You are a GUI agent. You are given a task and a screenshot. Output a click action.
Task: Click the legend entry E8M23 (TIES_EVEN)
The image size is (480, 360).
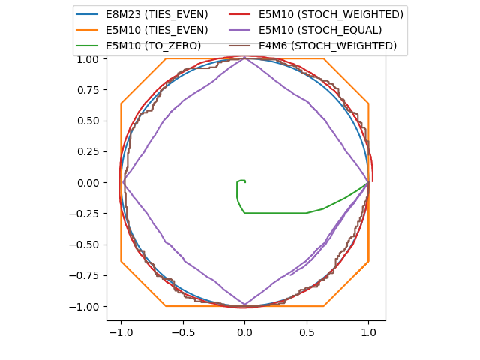tap(157, 14)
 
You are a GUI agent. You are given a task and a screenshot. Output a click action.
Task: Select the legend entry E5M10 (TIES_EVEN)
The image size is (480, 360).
tap(157, 30)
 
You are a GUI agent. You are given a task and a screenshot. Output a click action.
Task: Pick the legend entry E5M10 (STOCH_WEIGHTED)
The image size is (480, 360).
tap(331, 14)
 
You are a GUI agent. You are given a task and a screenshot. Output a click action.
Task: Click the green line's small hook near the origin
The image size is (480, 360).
tap(241, 181)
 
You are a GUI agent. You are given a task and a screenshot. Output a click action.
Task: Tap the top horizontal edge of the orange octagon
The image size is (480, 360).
tap(244, 58)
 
